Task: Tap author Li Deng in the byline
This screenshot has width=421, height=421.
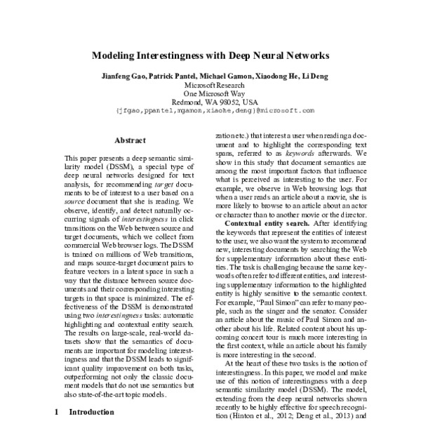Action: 314,76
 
